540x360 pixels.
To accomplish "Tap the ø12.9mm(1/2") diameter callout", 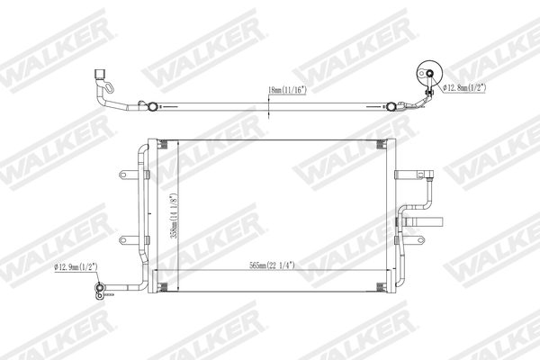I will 76,267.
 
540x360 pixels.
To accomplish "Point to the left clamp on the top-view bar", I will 155,107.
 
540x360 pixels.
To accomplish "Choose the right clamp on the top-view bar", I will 392,106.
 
